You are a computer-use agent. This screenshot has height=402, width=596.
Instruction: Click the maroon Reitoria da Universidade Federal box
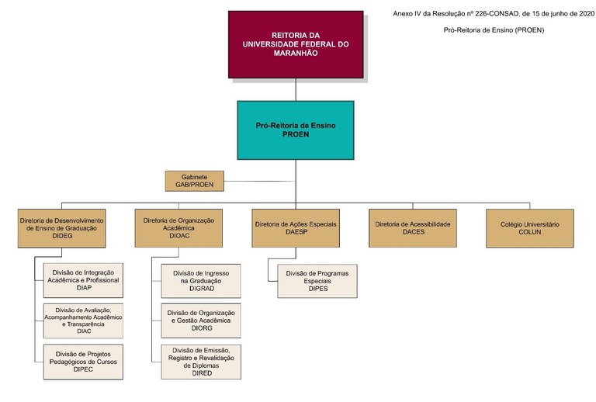tap(295, 44)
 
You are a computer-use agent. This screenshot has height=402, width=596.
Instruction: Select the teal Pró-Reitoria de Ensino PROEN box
tap(295, 129)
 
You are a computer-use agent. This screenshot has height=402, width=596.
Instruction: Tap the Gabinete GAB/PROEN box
tap(194, 181)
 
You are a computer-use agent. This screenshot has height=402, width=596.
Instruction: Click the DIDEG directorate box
tap(62, 227)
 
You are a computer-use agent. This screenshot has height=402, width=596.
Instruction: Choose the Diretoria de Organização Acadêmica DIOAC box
tap(178, 227)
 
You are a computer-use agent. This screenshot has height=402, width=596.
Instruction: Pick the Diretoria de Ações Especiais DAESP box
tap(295, 227)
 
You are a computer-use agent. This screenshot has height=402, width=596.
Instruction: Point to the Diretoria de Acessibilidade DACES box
tap(412, 227)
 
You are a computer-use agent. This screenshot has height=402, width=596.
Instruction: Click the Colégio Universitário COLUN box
tap(529, 227)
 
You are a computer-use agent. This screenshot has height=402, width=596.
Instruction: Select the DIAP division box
tap(85, 280)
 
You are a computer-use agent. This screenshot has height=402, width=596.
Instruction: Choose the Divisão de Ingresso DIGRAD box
tap(201, 280)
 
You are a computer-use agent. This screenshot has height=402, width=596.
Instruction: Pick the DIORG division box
tap(201, 320)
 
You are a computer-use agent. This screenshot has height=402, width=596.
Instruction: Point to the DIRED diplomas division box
tap(201, 361)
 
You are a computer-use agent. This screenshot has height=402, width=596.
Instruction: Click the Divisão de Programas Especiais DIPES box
tap(317, 280)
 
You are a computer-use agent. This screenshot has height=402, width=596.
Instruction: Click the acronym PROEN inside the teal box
tap(295, 134)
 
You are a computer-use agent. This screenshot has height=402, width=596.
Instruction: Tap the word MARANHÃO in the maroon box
tap(295, 54)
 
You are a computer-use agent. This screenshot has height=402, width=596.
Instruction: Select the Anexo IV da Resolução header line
tap(494, 13)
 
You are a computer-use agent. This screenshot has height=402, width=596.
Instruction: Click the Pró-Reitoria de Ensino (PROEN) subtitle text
tap(494, 30)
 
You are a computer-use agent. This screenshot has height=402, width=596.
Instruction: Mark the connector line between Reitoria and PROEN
tap(296, 89)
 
